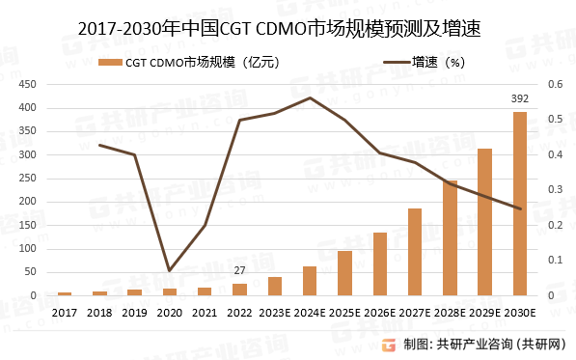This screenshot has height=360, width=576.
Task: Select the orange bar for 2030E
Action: click(x=519, y=204)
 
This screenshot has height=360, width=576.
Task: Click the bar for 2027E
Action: click(x=415, y=252)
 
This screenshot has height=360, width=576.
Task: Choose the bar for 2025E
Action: click(x=344, y=273)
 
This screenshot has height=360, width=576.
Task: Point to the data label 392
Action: click(x=519, y=99)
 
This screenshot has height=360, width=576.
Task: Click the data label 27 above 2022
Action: click(x=239, y=272)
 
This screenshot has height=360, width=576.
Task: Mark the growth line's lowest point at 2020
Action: click(x=170, y=270)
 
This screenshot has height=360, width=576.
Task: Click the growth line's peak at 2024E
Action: click(x=310, y=97)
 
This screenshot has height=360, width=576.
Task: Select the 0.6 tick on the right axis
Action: click(x=554, y=84)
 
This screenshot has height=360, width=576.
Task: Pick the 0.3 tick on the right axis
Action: click(x=554, y=189)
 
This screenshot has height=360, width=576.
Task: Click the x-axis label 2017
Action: click(x=65, y=313)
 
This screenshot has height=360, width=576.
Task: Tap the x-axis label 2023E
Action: click(x=275, y=313)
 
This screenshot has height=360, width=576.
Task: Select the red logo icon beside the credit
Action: click(x=389, y=344)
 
